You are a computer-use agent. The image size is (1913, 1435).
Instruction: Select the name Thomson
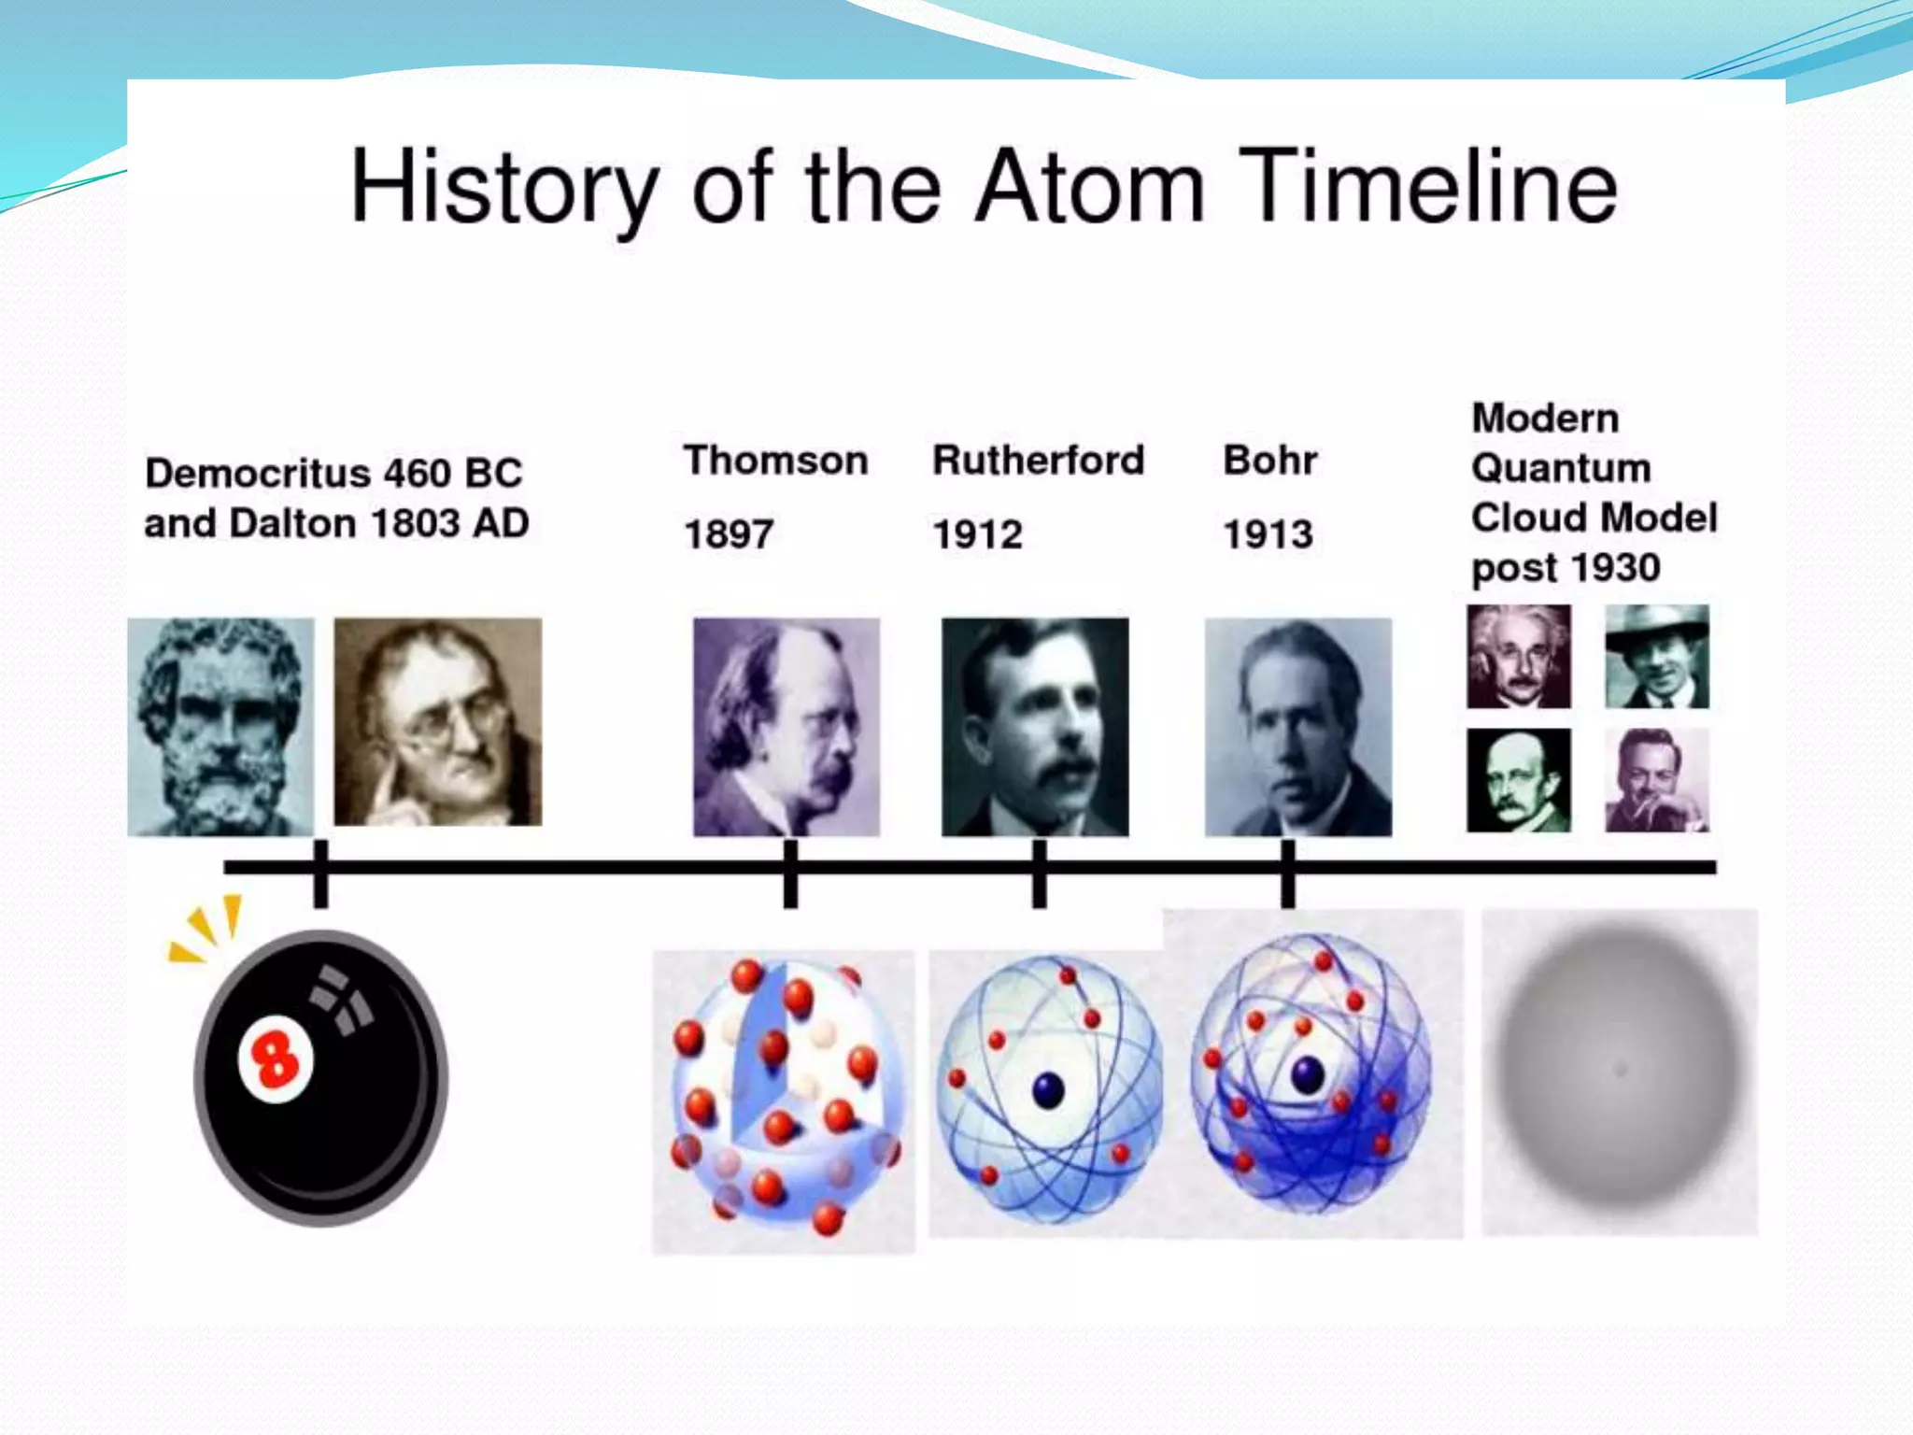[775, 461]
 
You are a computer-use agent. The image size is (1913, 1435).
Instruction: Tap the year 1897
[729, 534]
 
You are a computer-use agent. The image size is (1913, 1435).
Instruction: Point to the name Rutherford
[1038, 460]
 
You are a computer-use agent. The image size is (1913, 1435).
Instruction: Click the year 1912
[977, 534]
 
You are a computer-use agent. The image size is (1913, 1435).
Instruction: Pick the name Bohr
[1269, 460]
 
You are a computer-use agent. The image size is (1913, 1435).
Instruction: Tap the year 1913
[1268, 534]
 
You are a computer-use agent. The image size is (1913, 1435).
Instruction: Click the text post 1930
[1566, 568]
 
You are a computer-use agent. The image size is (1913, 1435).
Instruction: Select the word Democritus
[257, 473]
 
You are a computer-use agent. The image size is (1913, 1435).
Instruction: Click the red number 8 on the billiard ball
[273, 1060]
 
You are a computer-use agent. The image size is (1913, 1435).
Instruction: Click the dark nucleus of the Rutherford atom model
[1048, 1090]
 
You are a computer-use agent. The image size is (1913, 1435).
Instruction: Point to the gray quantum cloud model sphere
[1620, 1071]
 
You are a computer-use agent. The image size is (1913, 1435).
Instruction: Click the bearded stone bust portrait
[220, 726]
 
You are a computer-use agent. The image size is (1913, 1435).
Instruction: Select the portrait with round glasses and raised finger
[437, 721]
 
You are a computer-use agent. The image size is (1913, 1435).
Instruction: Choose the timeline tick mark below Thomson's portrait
[790, 874]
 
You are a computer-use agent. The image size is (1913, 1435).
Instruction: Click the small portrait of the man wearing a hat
[1657, 656]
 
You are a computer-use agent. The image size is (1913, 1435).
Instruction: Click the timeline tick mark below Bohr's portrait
[1287, 874]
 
